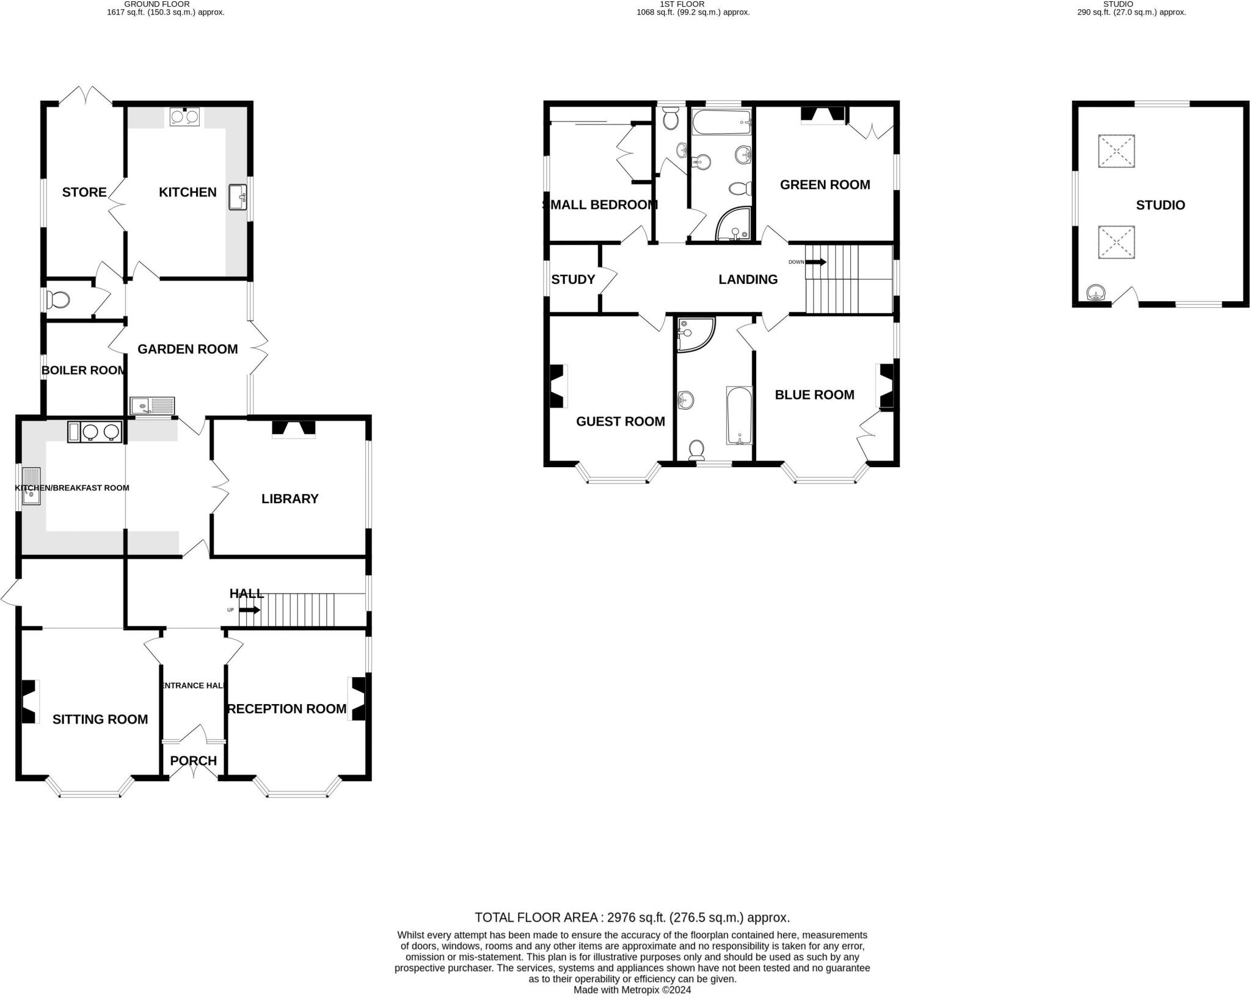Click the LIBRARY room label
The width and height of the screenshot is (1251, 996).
coord(290,499)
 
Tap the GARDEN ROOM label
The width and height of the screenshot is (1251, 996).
coord(188,349)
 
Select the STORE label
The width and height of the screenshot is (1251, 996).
coord(84,192)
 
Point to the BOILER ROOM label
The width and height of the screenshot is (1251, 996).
coord(84,371)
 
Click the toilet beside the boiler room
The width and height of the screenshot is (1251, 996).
coord(60,300)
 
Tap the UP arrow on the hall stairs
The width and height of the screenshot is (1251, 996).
coord(249,610)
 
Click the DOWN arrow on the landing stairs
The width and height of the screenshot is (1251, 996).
coord(815,262)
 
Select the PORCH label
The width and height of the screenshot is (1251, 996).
coord(193,761)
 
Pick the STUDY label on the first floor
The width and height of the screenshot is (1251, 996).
coord(573,280)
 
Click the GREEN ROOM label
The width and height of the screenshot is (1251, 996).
coord(825,185)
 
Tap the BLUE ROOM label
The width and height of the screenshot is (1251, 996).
coord(814,395)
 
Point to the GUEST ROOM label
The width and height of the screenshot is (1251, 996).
coord(620,421)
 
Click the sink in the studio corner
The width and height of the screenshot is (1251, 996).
coord(1098,294)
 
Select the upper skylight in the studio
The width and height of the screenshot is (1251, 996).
coord(1117,151)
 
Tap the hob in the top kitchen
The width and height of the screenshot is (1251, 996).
coord(184,117)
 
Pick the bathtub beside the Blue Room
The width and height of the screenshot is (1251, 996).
coord(739,415)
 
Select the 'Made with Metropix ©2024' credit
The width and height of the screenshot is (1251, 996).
coord(632,990)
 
